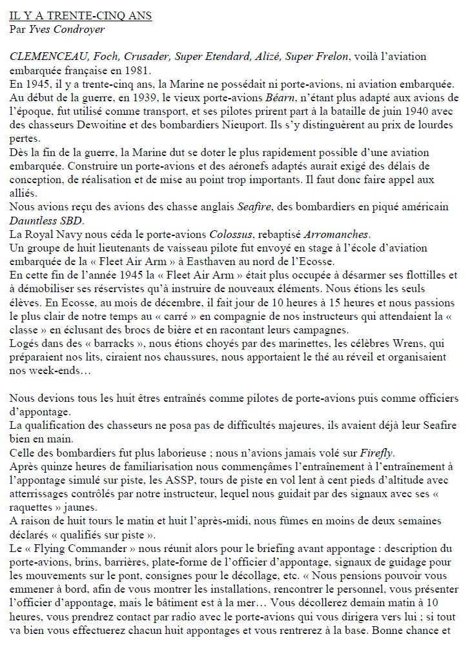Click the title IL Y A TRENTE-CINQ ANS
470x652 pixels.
point(81,15)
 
